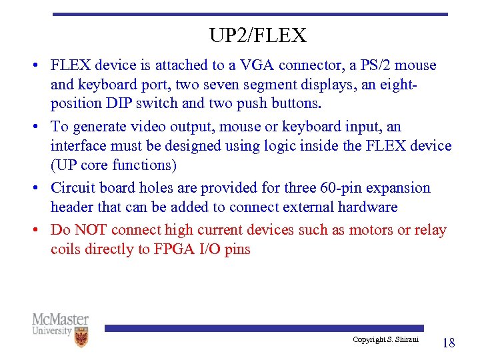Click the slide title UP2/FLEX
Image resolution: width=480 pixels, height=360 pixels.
tap(257, 35)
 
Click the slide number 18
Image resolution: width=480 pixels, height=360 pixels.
tap(449, 343)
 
